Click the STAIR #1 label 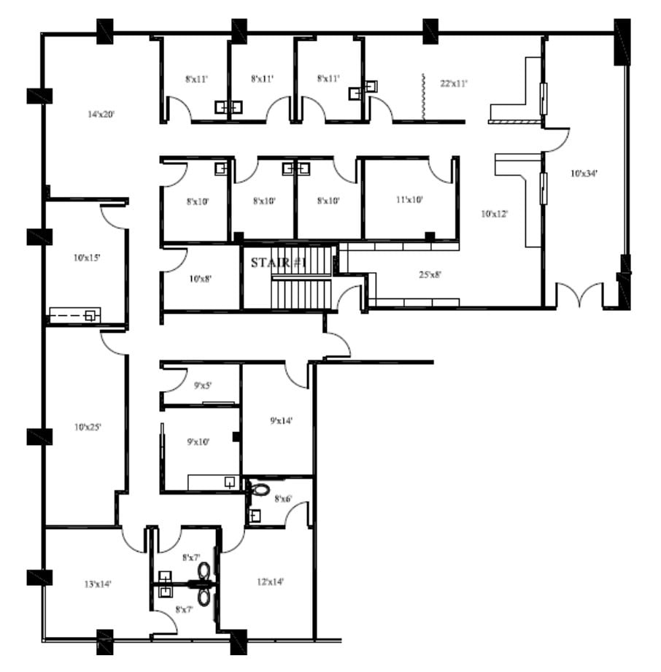coord(278,263)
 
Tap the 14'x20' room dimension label coord(102,115)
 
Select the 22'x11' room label coord(454,84)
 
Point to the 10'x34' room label coord(584,174)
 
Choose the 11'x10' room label coord(409,198)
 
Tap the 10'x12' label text coord(494,214)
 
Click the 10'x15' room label coord(87,258)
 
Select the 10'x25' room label coord(87,428)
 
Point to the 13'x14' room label coord(98,584)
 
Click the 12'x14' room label coord(270,582)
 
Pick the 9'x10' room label coord(198,441)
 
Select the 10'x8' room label coord(200,279)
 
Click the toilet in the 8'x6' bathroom coord(258,489)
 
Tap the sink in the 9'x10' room coord(230,482)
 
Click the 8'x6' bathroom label coord(283,499)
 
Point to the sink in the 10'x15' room coord(91,314)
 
